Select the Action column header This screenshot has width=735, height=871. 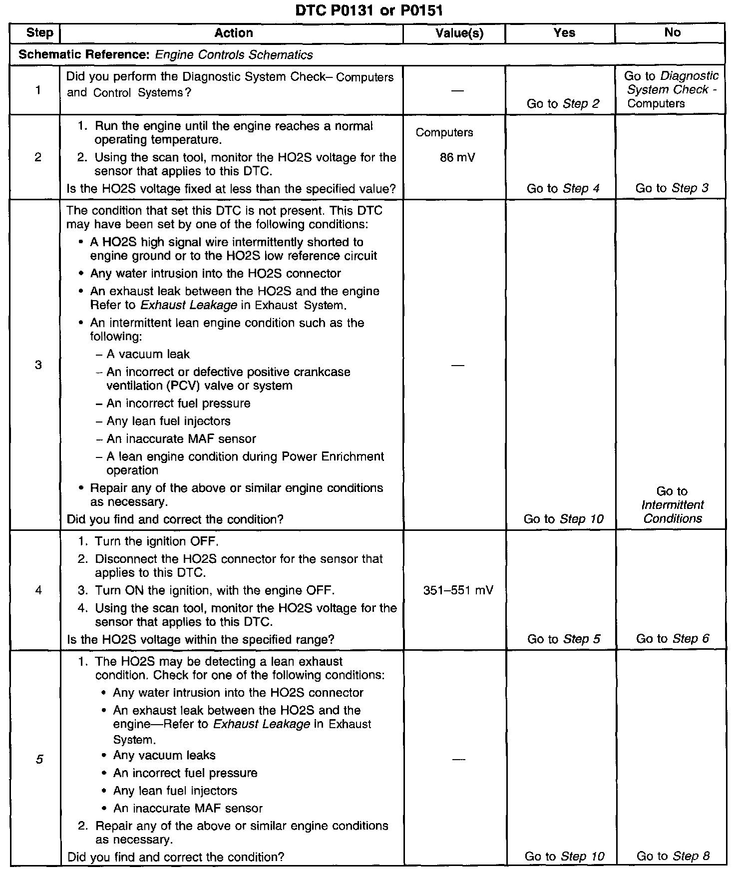click(233, 33)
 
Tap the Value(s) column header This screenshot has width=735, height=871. click(459, 33)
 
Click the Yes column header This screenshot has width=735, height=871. click(564, 33)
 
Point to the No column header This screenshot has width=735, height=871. click(672, 32)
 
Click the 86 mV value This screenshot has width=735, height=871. click(458, 158)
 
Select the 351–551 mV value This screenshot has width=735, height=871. click(458, 590)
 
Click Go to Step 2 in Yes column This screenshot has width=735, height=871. click(563, 104)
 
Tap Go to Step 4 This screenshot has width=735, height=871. click(563, 188)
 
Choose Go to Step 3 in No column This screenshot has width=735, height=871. click(672, 188)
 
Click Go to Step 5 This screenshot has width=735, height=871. click(564, 639)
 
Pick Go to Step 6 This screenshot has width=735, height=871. click(673, 639)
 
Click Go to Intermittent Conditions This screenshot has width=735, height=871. click(672, 505)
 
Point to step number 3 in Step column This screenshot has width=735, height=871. click(38, 365)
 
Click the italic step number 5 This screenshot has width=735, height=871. click(39, 760)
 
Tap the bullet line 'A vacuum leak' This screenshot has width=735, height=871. click(148, 355)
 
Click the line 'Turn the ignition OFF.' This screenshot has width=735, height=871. click(156, 541)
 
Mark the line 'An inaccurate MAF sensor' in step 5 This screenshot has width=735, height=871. click(188, 808)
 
